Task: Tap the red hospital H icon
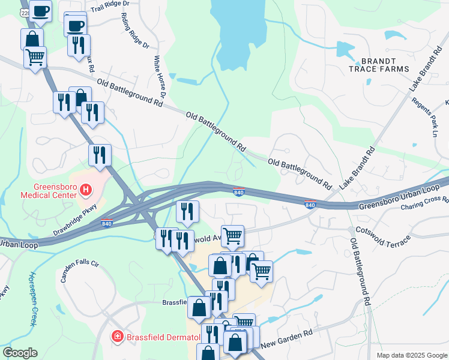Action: tap(86, 191)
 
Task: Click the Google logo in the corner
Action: tap(20, 353)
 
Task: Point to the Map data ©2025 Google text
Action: tap(411, 355)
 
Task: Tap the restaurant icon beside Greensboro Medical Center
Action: tap(100, 154)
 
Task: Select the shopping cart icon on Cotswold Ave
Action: tap(232, 235)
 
